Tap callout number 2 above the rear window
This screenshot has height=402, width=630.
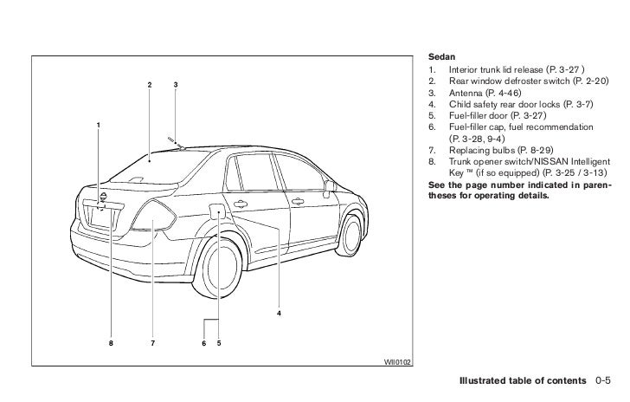[149, 84]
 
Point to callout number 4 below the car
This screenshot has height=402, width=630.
[280, 312]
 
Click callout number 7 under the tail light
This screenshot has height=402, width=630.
[152, 343]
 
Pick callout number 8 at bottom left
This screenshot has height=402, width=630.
[110, 343]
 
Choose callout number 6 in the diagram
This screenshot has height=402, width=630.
[203, 343]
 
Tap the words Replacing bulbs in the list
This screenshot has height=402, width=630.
[480, 149]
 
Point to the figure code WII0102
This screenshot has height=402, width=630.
[398, 362]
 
